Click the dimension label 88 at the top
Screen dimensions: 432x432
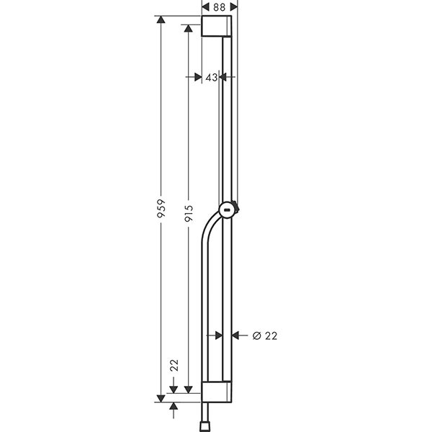click(220, 6)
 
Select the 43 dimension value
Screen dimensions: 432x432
click(211, 77)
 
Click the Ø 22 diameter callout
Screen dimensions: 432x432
click(265, 335)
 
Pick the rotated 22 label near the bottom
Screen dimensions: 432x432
click(174, 365)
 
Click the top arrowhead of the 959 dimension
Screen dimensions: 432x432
click(161, 20)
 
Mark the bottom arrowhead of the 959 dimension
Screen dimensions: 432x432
click(161, 396)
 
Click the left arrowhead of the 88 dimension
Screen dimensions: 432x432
click(205, 6)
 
